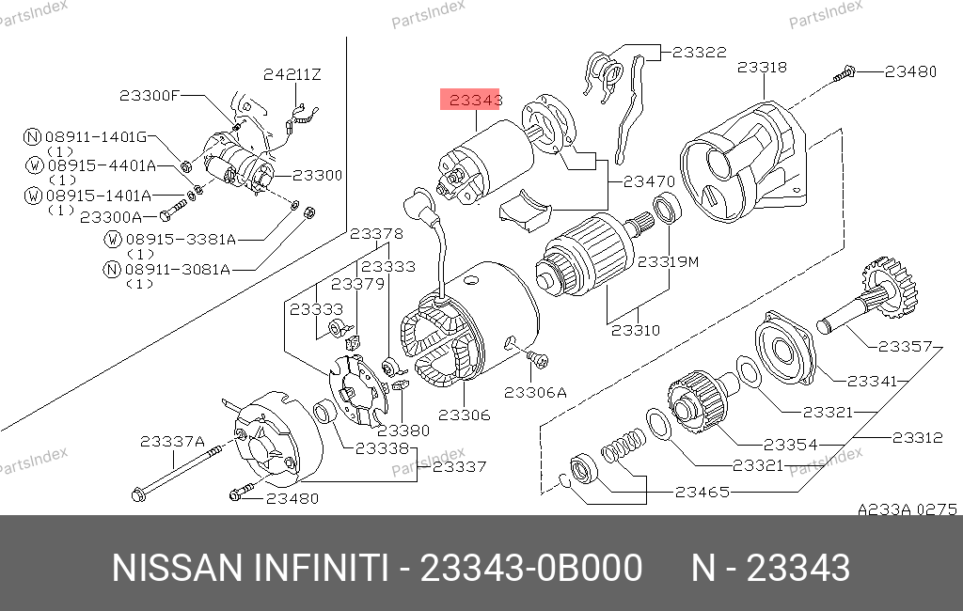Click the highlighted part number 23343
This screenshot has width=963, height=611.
point(476,100)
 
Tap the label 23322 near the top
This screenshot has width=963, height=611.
point(700,53)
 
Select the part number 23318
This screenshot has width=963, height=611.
point(762,67)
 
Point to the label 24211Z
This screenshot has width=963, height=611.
point(292,74)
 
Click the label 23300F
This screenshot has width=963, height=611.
point(150,95)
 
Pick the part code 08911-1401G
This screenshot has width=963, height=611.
point(97,136)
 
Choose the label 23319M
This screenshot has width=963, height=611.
point(669,261)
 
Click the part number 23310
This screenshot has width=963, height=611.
point(636,330)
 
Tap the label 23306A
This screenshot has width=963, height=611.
point(535,392)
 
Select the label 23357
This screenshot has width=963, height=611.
point(906,346)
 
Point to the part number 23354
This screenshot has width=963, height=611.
point(790,444)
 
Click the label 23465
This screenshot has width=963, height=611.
point(703,492)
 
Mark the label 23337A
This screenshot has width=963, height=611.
point(173,441)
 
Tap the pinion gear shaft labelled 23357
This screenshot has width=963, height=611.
point(866,296)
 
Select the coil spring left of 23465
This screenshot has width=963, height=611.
point(623,446)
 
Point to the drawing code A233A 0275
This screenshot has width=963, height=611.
point(908,509)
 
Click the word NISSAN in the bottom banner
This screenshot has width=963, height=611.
point(178,568)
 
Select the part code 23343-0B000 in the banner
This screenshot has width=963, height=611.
point(531,568)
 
